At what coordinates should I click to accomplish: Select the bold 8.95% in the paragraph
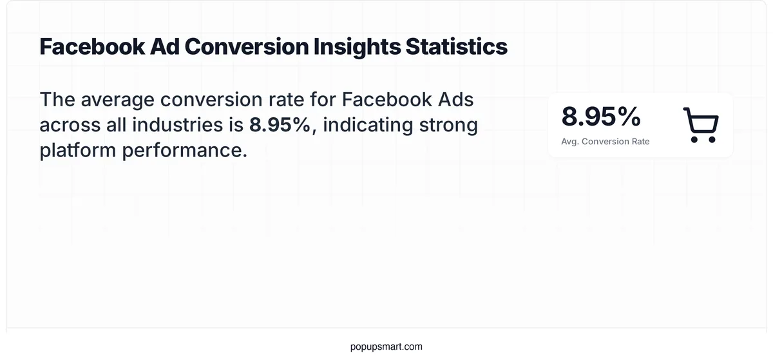coord(280,124)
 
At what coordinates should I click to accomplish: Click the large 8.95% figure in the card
coord(601,117)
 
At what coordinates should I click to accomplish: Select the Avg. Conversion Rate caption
coord(606,141)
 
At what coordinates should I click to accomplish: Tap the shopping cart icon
coord(700,125)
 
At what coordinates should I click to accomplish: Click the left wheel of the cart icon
coord(693,138)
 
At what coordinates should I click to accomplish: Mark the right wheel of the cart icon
coord(712,138)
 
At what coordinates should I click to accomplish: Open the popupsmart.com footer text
coord(386,346)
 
